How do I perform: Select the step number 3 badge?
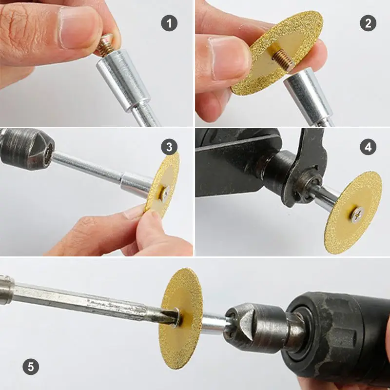pyautogui.click(x=169, y=146)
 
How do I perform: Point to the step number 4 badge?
pyautogui.click(x=368, y=147)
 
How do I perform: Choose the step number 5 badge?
pyautogui.click(x=31, y=366)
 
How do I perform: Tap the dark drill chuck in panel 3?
pyautogui.click(x=24, y=149)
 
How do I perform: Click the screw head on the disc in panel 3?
pyautogui.click(x=165, y=194)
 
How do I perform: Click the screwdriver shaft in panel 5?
pyautogui.click(x=88, y=300)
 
